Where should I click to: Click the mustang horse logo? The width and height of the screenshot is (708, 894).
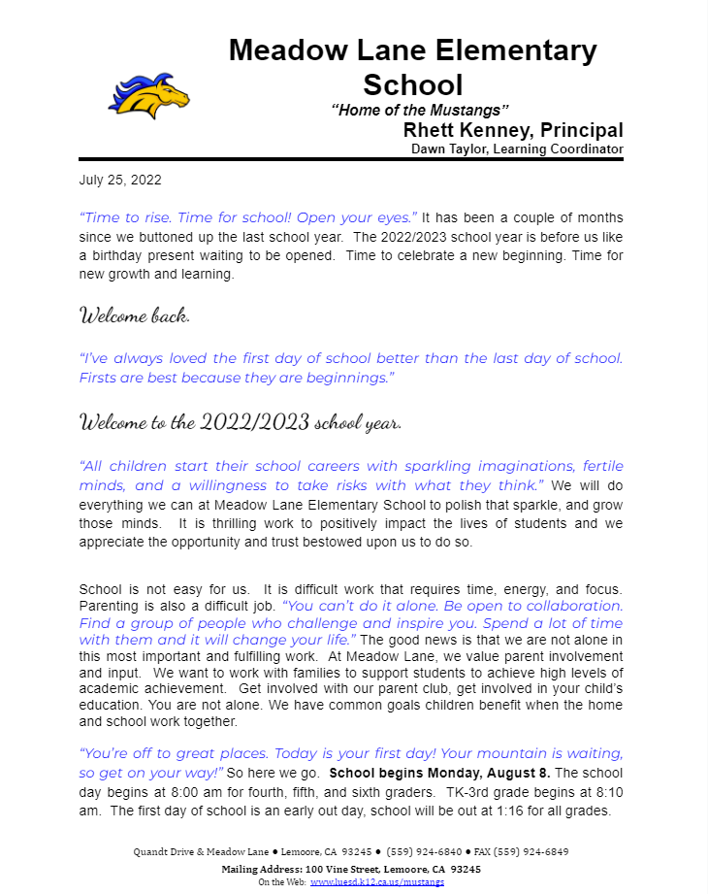147,95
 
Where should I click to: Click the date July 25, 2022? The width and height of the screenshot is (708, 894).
120,180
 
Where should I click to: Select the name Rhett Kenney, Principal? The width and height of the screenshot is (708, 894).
513,131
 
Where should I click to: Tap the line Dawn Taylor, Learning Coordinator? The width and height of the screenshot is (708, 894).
517,149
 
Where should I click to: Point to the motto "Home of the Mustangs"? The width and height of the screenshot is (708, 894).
420,110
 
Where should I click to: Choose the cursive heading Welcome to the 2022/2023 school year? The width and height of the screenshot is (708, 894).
240,422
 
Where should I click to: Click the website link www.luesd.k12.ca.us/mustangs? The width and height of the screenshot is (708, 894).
377,881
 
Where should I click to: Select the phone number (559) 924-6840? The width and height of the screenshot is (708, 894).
420,851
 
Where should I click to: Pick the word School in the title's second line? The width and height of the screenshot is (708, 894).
412,84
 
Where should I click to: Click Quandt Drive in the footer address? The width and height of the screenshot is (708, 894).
163,851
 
